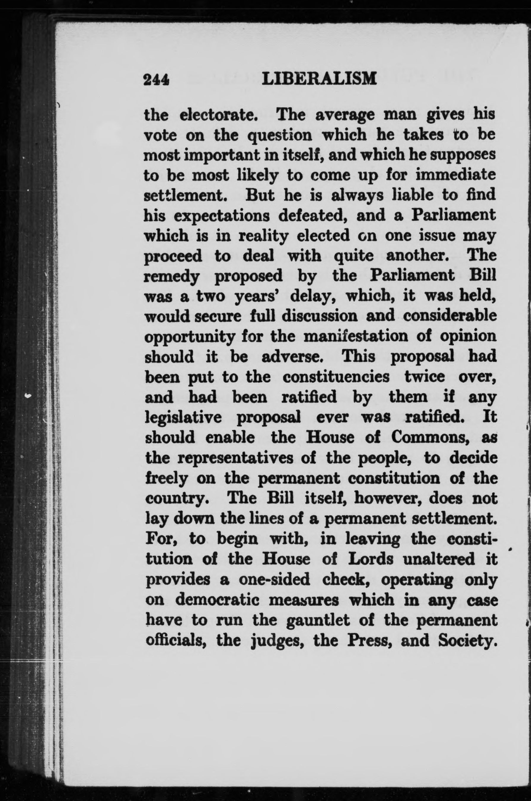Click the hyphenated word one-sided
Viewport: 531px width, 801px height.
274,579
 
